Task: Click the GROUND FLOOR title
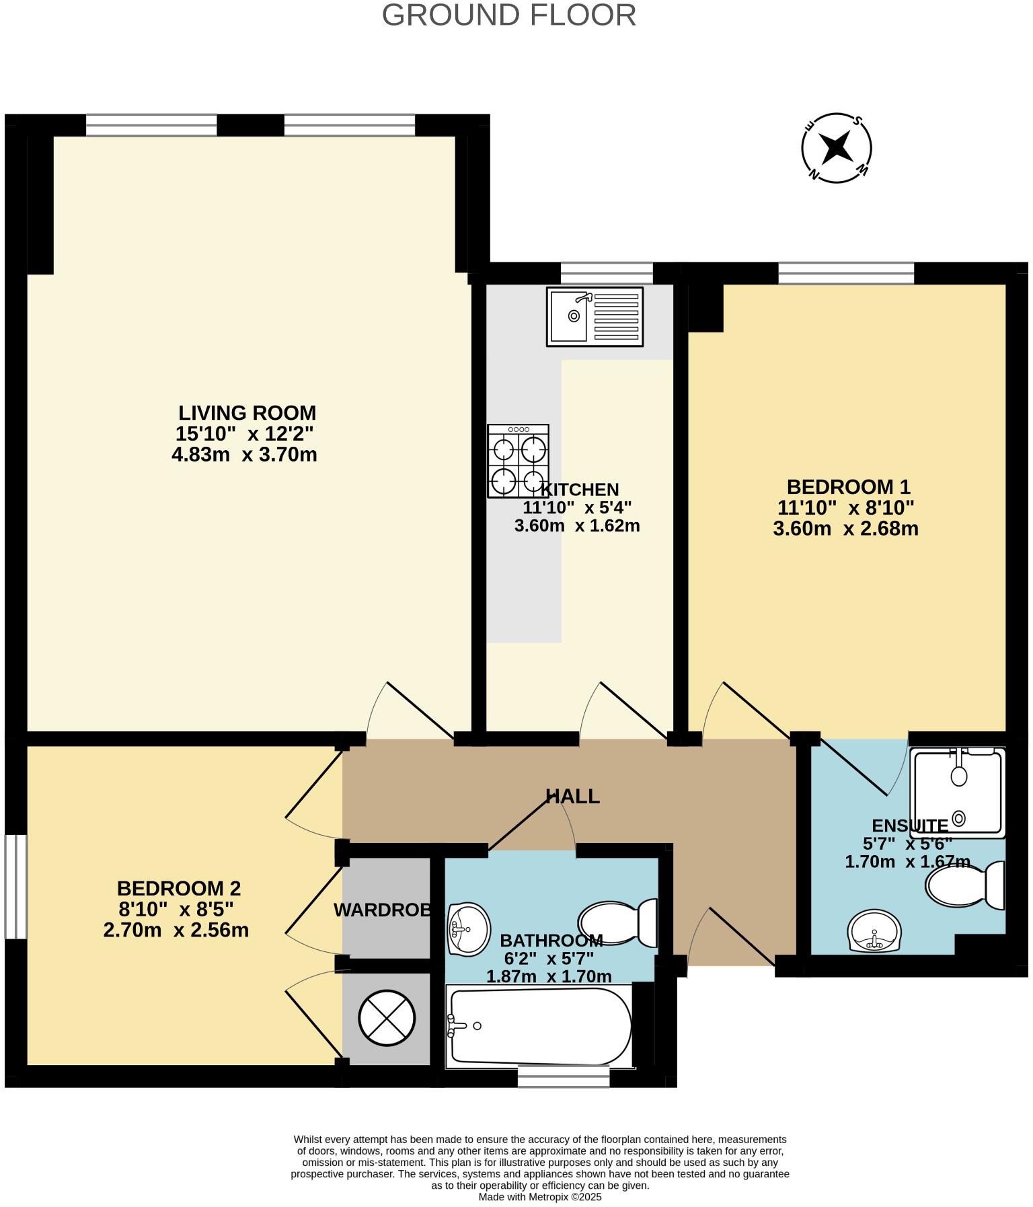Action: click(508, 15)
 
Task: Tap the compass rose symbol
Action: click(837, 147)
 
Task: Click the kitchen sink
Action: click(595, 316)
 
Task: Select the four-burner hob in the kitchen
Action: click(518, 461)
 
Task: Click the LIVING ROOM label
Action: click(247, 412)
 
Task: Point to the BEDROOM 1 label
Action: click(848, 486)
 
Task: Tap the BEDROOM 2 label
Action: click(178, 889)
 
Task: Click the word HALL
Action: click(572, 797)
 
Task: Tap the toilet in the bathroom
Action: click(618, 922)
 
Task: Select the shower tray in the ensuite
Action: click(957, 793)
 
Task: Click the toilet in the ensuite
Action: click(965, 885)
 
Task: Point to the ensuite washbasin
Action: click(874, 932)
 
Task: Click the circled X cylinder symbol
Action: click(387, 1018)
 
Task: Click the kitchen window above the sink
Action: click(607, 272)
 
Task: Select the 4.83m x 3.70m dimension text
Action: click(244, 455)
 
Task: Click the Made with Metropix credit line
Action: click(539, 1197)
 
